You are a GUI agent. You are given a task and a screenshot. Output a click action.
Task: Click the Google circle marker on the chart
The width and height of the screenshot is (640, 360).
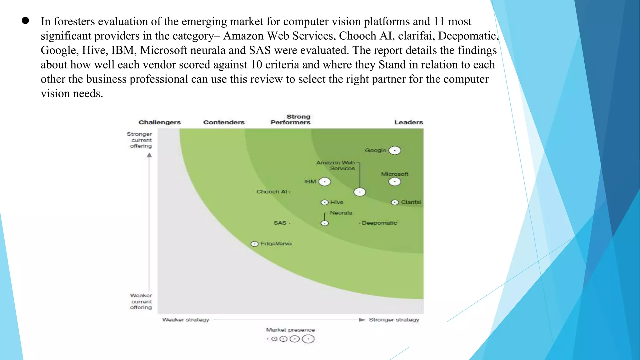click(395, 151)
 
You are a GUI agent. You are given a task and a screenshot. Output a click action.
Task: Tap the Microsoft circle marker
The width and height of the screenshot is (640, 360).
click(395, 182)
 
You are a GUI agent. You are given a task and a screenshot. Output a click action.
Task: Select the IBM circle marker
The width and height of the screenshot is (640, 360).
click(325, 182)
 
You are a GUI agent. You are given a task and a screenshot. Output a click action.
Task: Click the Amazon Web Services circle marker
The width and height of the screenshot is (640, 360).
click(360, 192)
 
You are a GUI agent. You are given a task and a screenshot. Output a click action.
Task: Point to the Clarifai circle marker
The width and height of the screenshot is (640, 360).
click(395, 202)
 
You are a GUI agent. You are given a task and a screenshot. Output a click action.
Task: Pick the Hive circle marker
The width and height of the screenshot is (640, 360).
click(325, 202)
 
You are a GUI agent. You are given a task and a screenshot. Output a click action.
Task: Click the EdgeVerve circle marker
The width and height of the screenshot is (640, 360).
click(255, 244)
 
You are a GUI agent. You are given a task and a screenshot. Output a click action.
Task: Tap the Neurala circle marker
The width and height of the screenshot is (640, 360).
click(325, 223)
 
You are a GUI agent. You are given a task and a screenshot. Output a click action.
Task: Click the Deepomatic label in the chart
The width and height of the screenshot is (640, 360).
click(379, 223)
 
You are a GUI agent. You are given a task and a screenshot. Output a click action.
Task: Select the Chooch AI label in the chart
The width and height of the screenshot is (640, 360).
click(272, 192)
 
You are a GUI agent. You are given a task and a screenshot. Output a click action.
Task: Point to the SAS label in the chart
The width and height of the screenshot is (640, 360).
click(280, 223)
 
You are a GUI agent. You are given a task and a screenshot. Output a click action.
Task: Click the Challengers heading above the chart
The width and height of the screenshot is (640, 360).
click(160, 122)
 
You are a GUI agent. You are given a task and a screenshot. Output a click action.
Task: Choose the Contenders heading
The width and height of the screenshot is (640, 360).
click(224, 122)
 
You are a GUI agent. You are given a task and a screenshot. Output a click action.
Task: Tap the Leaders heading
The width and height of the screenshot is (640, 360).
click(408, 122)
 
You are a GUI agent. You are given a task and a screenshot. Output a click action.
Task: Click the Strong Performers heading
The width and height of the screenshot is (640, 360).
click(291, 119)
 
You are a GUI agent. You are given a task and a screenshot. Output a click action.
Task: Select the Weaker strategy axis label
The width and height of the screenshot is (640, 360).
click(186, 320)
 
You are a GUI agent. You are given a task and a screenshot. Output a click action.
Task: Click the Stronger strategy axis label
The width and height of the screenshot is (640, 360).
click(394, 320)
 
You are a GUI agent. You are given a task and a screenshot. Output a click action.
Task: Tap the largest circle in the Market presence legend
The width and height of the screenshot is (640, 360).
click(308, 339)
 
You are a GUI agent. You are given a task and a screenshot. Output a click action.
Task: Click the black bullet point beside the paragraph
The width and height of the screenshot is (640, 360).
click(25, 21)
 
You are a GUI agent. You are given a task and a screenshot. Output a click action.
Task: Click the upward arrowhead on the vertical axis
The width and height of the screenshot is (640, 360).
click(149, 155)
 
